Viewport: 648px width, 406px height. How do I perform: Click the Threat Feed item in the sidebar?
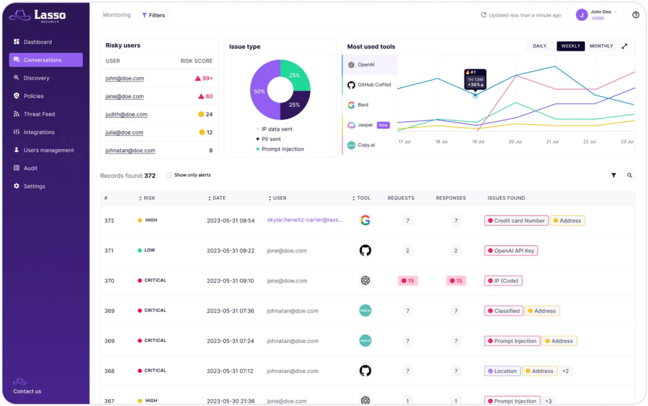point(39,114)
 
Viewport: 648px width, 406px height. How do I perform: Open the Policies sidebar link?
point(33,96)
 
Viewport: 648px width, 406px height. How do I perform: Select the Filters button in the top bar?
point(153,15)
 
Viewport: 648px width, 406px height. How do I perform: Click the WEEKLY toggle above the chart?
point(570,46)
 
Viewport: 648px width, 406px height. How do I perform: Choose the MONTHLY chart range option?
point(601,46)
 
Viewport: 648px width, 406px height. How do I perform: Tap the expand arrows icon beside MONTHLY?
point(625,46)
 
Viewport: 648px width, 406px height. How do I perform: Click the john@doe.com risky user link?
point(125,78)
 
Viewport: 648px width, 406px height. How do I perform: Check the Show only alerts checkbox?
point(169,175)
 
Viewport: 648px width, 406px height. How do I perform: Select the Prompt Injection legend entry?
point(282,149)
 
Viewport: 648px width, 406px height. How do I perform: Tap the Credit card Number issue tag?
point(515,221)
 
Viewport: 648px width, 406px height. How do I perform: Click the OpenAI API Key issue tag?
point(511,251)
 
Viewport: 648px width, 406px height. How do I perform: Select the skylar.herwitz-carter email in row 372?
point(304,221)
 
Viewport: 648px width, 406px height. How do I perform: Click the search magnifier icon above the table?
point(630,176)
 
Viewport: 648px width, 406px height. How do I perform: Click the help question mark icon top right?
point(635,15)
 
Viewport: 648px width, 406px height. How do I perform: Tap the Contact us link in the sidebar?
point(27,391)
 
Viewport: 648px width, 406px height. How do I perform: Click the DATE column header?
point(218,198)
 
